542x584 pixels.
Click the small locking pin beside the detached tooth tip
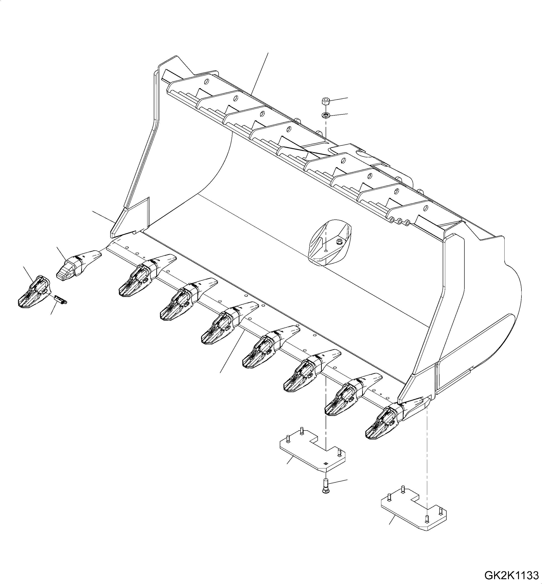click(61, 299)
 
